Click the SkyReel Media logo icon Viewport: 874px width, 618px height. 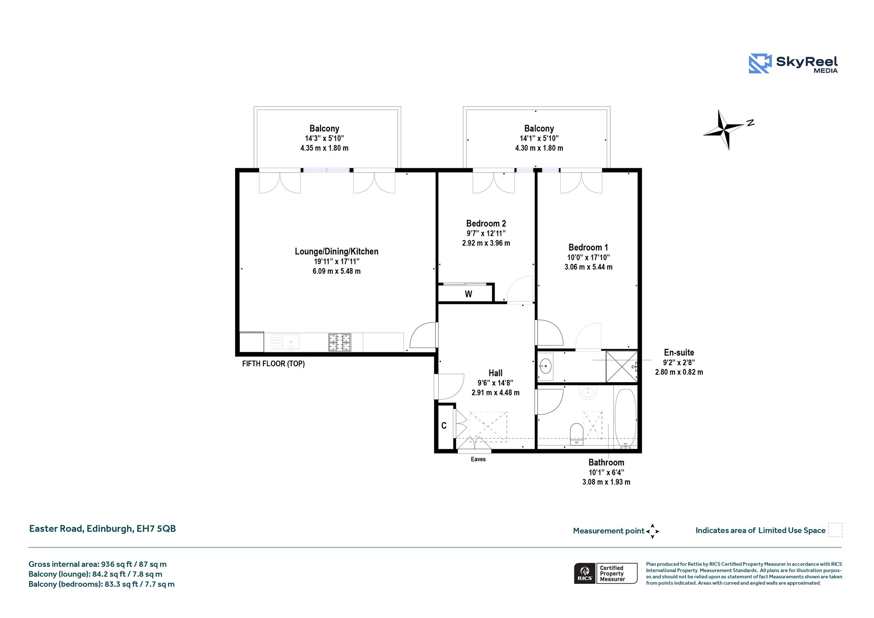[760, 64]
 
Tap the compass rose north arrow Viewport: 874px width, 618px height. [724, 129]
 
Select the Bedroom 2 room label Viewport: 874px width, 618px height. [486, 223]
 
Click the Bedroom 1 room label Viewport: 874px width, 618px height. [588, 247]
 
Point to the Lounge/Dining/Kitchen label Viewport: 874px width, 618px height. [336, 252]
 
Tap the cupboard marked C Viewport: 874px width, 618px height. [444, 426]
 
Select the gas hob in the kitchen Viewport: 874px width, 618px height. [340, 343]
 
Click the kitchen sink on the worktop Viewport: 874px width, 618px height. [290, 342]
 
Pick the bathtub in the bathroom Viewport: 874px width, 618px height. [626, 418]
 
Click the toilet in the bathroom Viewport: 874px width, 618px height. [577, 434]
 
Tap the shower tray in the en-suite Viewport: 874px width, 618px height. [622, 366]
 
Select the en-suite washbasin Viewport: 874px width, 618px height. [545, 366]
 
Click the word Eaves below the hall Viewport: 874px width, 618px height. [478, 459]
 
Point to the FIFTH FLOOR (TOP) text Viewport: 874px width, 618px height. [274, 364]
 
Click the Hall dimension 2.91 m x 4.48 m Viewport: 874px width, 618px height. [495, 392]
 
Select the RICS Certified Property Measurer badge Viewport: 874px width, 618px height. [606, 573]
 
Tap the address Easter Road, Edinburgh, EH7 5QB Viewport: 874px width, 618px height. [102, 529]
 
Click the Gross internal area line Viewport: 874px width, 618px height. [98, 564]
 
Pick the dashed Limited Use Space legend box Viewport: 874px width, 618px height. [835, 530]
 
